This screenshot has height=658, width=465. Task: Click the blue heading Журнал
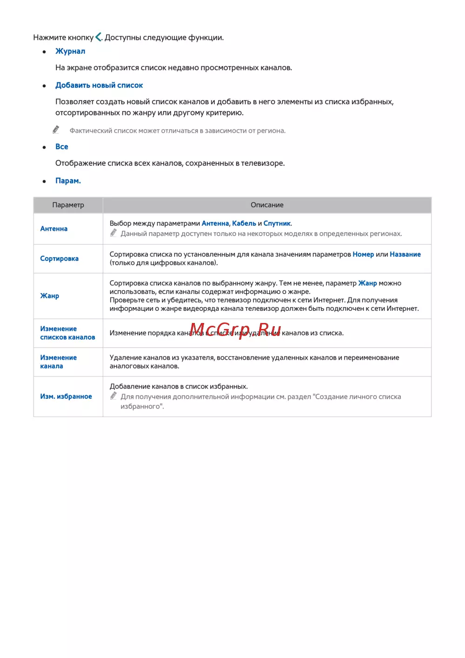(x=70, y=51)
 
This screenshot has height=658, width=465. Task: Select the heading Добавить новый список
(x=99, y=85)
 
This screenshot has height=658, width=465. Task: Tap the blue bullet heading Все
(x=62, y=147)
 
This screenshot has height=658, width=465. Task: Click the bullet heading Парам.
(x=68, y=181)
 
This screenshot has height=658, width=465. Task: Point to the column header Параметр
(x=68, y=205)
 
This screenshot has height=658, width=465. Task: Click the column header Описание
(x=267, y=205)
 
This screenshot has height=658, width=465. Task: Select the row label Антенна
(x=54, y=228)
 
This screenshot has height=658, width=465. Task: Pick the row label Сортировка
(x=60, y=258)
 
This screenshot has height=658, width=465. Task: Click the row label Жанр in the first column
(x=50, y=295)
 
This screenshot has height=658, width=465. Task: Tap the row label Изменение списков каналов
(x=67, y=333)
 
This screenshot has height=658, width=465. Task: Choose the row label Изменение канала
(x=58, y=362)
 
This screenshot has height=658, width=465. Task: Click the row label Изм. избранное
(x=66, y=396)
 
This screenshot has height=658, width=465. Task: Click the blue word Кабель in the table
(x=244, y=223)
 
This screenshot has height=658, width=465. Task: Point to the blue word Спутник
(x=277, y=223)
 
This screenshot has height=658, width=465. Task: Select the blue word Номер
(x=363, y=254)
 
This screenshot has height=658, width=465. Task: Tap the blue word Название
(x=405, y=254)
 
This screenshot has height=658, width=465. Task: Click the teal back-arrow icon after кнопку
(x=99, y=37)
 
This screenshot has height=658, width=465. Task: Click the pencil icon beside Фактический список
(x=56, y=129)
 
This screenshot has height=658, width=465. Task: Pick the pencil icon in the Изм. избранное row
(x=113, y=396)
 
